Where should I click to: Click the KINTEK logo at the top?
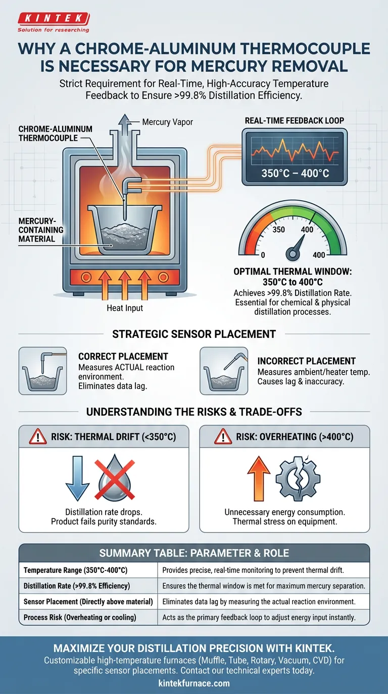click(54, 22)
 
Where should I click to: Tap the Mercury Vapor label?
click(167, 122)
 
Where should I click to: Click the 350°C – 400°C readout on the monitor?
click(295, 173)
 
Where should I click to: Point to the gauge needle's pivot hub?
click(293, 254)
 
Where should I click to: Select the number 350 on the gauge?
click(278, 229)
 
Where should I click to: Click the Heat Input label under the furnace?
click(125, 308)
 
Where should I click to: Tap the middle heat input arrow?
click(124, 285)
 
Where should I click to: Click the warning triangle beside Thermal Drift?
click(37, 437)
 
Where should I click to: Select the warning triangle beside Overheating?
click(223, 437)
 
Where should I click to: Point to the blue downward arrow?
click(77, 478)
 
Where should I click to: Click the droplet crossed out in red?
click(115, 478)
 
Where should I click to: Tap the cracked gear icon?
click(298, 479)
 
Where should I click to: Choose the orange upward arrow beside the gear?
click(259, 479)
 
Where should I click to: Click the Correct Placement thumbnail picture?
click(42, 371)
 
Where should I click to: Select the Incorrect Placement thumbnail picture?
click(224, 371)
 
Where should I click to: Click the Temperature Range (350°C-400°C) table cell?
click(88, 570)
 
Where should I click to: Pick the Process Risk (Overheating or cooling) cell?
click(88, 617)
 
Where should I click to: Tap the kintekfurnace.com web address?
click(194, 683)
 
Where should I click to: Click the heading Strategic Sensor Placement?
click(194, 334)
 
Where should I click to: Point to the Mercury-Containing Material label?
click(40, 230)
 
